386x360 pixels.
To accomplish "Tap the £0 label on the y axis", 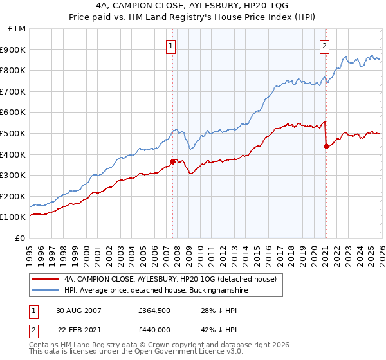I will [x=20, y=238].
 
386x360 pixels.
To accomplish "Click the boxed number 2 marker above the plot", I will [x=325, y=46].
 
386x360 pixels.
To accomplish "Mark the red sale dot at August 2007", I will [x=173, y=161].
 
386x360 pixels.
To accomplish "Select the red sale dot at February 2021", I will [x=326, y=146].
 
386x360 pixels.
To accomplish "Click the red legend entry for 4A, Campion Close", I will [x=170, y=279].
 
